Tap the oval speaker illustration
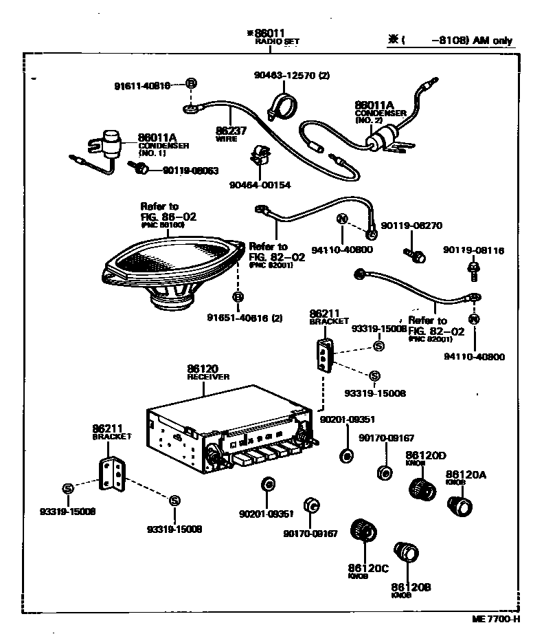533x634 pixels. coord(172,268)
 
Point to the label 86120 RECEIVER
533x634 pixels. coord(208,372)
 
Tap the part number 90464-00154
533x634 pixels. coord(260,185)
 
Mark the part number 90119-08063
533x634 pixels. coord(190,170)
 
